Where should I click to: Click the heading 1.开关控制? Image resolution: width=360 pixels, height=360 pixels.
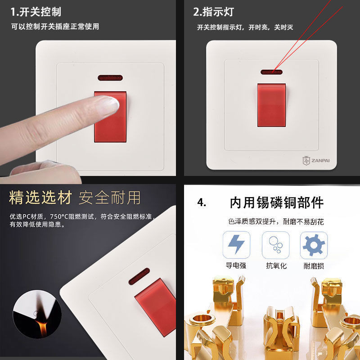pos(36,12)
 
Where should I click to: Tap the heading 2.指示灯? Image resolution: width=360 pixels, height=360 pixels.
pos(213,12)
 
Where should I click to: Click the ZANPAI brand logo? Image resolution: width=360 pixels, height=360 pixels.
pos(316,161)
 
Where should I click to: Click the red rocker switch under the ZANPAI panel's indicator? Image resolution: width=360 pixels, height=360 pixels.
pos(271,105)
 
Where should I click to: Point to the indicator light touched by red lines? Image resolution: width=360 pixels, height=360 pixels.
pos(271,72)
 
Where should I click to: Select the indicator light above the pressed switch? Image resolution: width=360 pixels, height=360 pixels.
pos(110,78)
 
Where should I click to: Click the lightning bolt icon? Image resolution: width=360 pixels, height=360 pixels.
pos(236,244)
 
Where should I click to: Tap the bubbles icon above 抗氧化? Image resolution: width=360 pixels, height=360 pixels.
pos(276,245)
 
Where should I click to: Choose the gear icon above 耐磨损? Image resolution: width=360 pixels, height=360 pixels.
pos(314,245)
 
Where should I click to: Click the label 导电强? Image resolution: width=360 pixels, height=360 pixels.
pos(236,265)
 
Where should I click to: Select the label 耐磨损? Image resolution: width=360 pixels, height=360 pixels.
pos(314,266)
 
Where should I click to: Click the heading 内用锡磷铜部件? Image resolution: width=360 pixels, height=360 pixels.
pos(277,202)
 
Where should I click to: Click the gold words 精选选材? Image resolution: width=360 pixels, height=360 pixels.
pos(40,198)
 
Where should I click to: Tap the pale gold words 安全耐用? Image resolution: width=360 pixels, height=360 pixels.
pos(110,198)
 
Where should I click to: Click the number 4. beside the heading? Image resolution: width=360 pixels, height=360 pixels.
pos(202,202)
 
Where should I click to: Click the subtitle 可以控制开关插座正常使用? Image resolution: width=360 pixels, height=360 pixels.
pos(55,27)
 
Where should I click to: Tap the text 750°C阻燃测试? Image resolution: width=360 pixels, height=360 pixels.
pos(72,216)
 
